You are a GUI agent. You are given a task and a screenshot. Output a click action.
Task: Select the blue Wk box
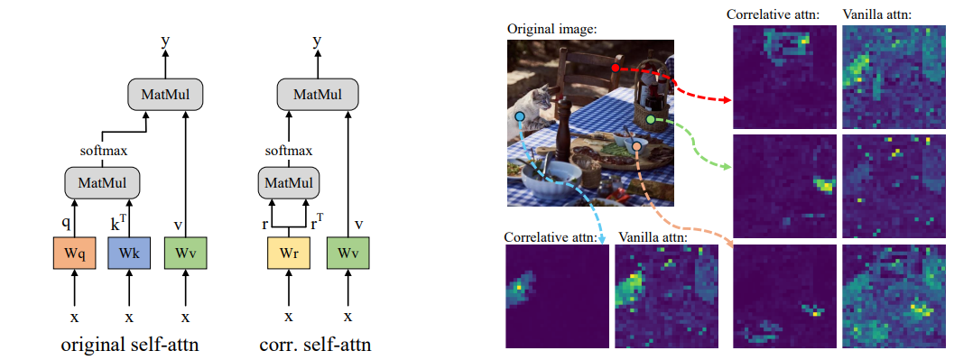(x=129, y=253)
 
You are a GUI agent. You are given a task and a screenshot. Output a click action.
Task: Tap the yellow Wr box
(x=289, y=253)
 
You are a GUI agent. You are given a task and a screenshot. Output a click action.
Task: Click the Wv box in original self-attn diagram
(x=186, y=253)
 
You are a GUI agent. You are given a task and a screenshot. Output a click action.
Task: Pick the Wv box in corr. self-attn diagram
(x=348, y=253)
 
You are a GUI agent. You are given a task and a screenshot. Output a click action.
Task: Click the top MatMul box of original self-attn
(x=164, y=95)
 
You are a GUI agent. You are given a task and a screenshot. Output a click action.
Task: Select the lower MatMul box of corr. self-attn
(x=289, y=183)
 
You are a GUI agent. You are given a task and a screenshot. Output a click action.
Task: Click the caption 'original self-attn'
(x=130, y=345)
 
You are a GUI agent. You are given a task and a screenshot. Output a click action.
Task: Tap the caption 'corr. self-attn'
(x=314, y=345)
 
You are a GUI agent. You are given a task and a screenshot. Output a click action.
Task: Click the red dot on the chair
(x=616, y=68)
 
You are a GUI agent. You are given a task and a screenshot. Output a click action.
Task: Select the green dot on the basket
(x=651, y=120)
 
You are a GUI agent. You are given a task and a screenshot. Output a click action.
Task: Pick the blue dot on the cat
(x=519, y=115)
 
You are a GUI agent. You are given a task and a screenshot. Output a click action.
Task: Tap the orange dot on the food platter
(x=636, y=145)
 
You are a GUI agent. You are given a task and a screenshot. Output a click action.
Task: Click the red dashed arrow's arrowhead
(x=726, y=99)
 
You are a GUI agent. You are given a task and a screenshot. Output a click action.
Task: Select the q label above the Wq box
(x=67, y=223)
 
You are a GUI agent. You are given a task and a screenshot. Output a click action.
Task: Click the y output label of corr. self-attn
(x=317, y=42)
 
